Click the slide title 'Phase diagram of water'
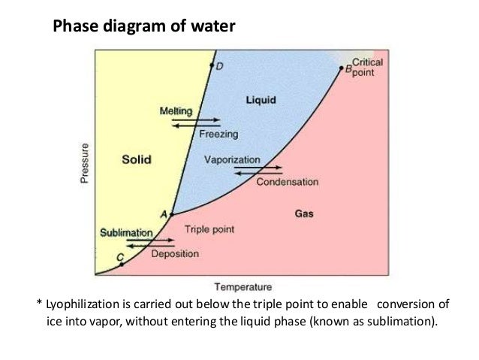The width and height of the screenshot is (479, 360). [143, 27]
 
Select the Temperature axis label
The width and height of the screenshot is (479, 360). [243, 286]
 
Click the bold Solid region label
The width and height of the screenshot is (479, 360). [137, 159]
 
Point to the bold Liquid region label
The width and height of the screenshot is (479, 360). [261, 99]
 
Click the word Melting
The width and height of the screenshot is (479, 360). [176, 110]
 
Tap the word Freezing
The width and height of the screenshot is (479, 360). [218, 135]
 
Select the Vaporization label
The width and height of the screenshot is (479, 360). [232, 160]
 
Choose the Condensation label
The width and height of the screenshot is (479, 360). [288, 182]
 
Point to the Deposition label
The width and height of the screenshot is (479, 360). [175, 254]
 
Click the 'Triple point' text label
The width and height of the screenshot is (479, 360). [207, 229]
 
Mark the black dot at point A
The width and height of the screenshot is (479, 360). [172, 215]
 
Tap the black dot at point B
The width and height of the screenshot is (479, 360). [340, 68]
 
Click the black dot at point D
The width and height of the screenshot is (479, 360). [211, 66]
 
